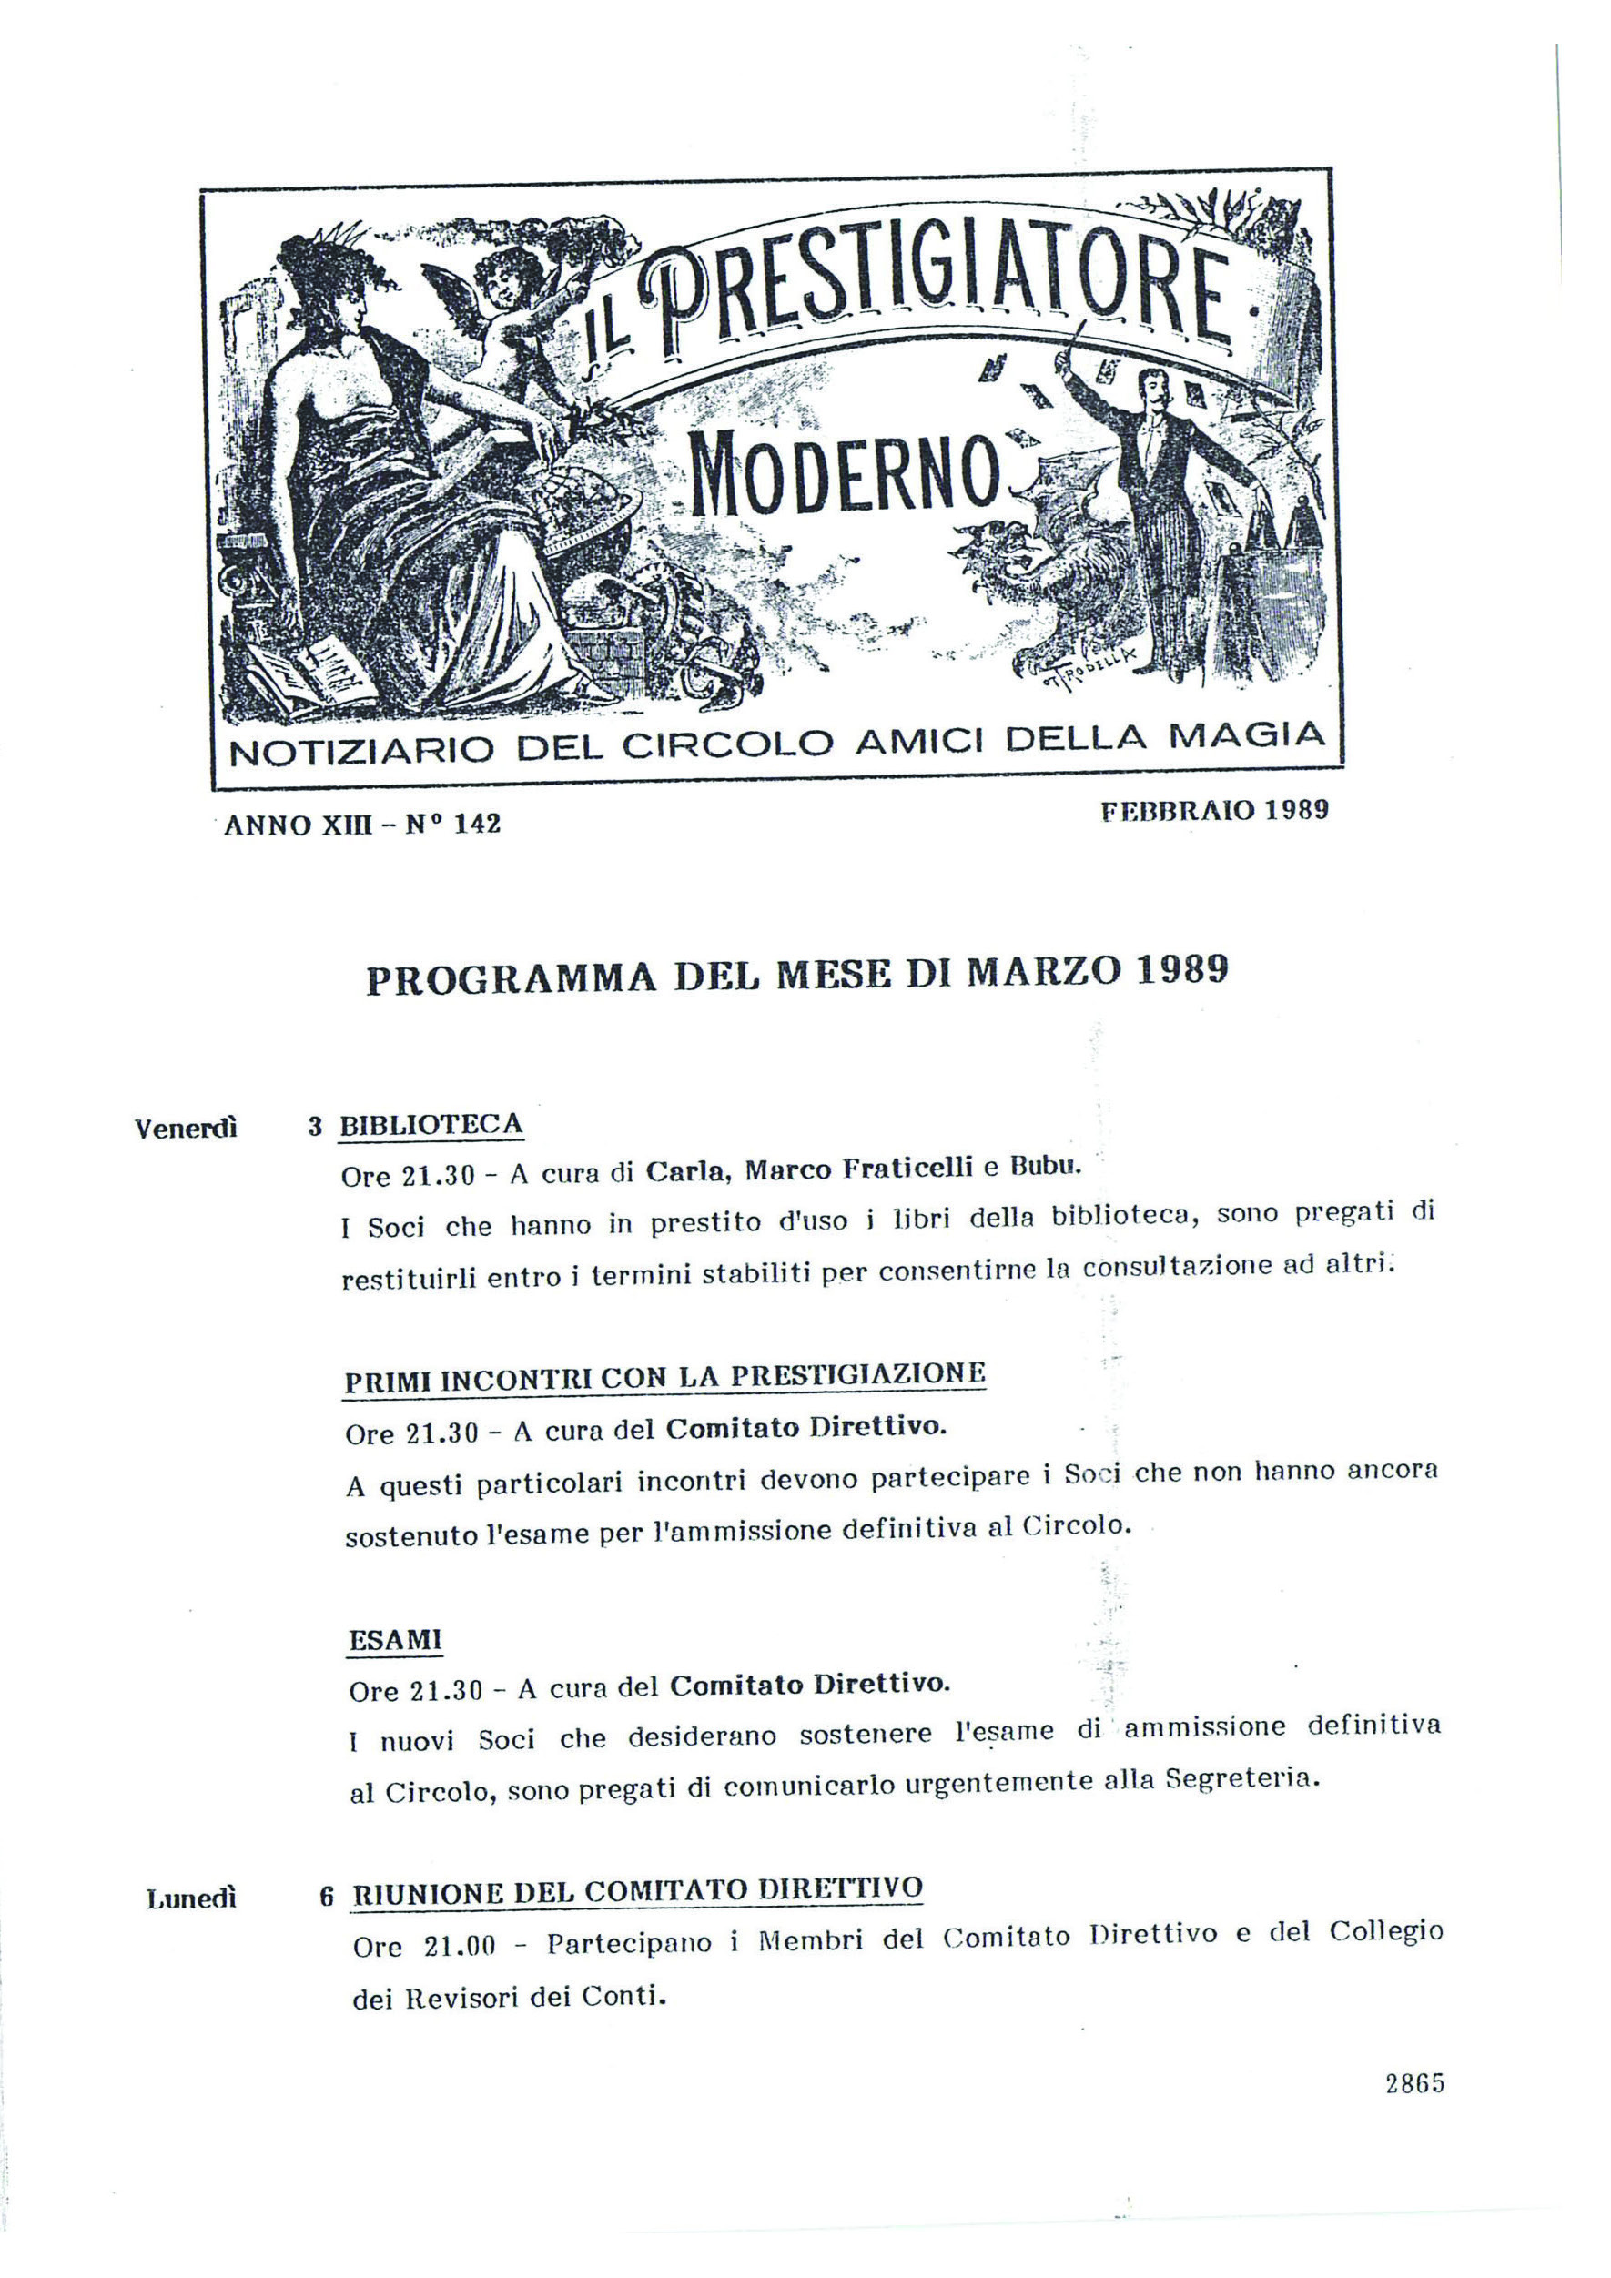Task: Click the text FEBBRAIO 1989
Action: click(x=1214, y=811)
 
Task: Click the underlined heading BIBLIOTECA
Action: click(x=431, y=1125)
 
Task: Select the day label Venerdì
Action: click(x=186, y=1129)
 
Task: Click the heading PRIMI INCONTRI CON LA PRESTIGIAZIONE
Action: click(x=664, y=1378)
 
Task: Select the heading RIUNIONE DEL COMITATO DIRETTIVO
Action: click(x=638, y=1891)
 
